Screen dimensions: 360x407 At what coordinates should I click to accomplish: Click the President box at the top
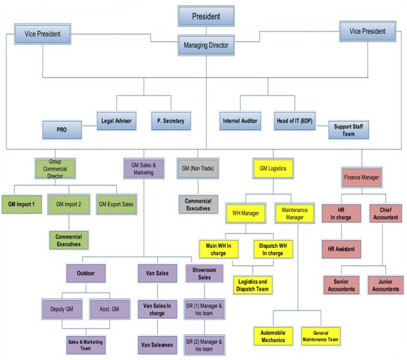206,17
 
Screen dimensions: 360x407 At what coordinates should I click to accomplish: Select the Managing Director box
206,45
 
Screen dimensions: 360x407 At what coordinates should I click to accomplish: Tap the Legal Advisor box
118,121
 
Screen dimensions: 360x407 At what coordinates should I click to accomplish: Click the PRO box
62,129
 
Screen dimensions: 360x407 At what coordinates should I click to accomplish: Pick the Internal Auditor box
240,121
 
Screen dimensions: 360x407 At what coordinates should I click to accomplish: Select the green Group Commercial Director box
55,168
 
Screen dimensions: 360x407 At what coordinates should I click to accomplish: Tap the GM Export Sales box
116,204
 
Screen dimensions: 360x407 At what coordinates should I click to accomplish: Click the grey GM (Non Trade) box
198,168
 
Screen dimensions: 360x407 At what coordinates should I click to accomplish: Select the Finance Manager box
361,178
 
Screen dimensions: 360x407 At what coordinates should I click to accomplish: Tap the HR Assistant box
341,248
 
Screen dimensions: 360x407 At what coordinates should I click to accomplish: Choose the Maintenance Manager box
294,213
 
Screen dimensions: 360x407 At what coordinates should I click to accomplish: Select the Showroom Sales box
205,273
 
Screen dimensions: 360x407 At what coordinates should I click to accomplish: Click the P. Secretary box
170,121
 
